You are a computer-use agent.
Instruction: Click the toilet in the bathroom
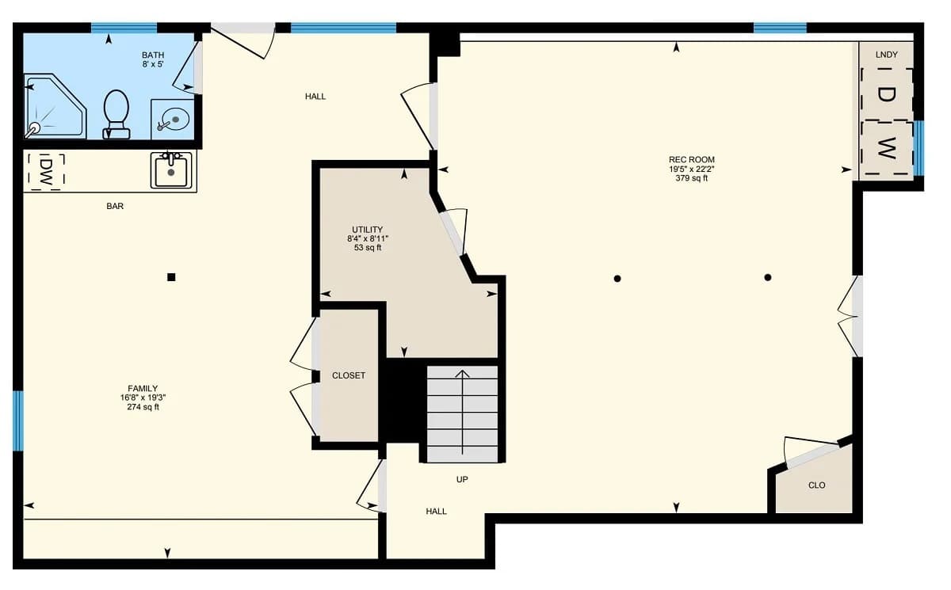pyautogui.click(x=116, y=114)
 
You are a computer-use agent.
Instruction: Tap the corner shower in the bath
pyautogui.click(x=55, y=106)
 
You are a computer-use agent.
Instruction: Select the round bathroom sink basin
pyautogui.click(x=175, y=119)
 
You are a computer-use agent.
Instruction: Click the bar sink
pyautogui.click(x=171, y=169)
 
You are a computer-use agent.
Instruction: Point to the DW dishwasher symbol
pyautogui.click(x=46, y=172)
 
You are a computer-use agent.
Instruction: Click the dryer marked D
pyautogui.click(x=886, y=94)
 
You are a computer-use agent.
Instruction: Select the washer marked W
pyautogui.click(x=887, y=148)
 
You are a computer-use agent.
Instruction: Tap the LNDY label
pyautogui.click(x=887, y=55)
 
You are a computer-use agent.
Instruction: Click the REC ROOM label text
pyautogui.click(x=692, y=159)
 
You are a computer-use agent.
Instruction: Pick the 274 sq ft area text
pyautogui.click(x=143, y=407)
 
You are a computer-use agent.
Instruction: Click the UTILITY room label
pyautogui.click(x=367, y=230)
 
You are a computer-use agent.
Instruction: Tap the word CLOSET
pyautogui.click(x=349, y=375)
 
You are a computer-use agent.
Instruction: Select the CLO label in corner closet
pyautogui.click(x=817, y=485)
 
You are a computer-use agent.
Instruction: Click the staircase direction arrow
pyautogui.click(x=462, y=413)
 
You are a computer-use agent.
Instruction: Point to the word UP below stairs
pyautogui.click(x=462, y=479)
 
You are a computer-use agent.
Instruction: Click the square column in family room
pyautogui.click(x=171, y=277)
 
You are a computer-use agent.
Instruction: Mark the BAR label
pyautogui.click(x=115, y=206)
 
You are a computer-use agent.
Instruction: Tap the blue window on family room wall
pyautogui.click(x=17, y=421)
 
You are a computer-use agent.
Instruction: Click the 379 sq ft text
pyautogui.click(x=692, y=178)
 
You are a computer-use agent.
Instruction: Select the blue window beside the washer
pyautogui.click(x=919, y=148)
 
